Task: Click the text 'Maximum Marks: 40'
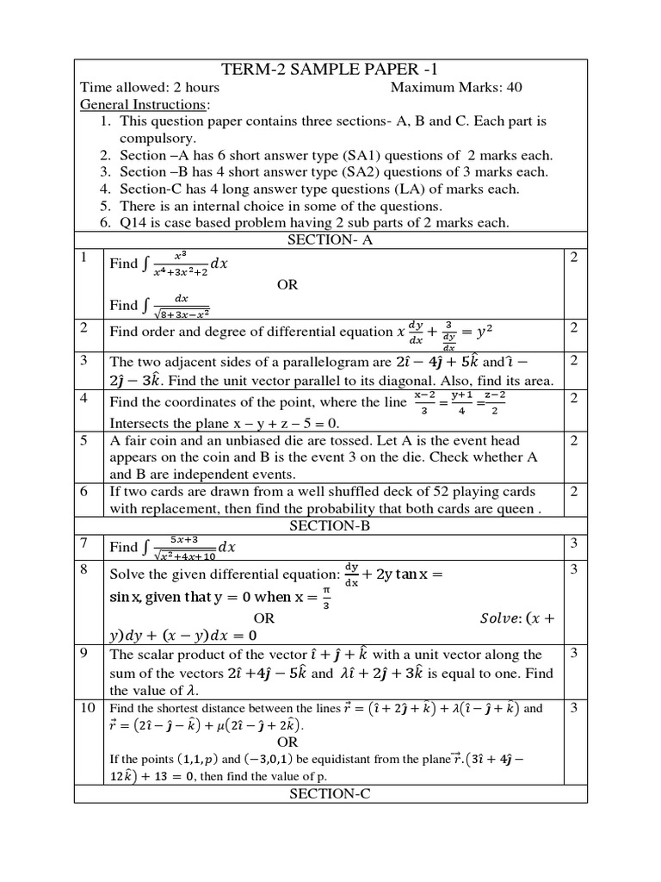pos(456,88)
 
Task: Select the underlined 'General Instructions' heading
pos(144,104)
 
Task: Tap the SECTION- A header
pos(330,240)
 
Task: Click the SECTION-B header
pos(330,525)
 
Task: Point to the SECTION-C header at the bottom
pos(330,794)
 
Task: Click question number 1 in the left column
pos(84,258)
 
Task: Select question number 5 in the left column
pos(84,440)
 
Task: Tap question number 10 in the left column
pos(87,707)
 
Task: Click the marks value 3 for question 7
pos(573,542)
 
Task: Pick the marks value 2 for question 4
pos(573,397)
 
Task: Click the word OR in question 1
pos(287,285)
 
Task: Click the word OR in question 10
pos(287,742)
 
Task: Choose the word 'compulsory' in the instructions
pos(158,138)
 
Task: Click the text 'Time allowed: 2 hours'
pos(150,88)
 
